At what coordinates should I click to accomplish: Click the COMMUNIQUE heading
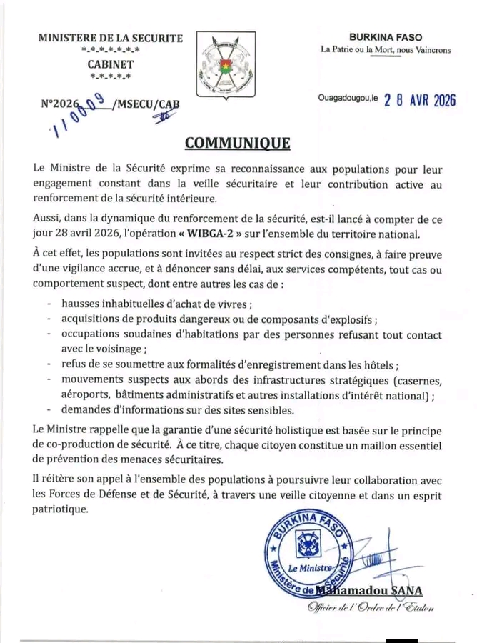[x=238, y=142]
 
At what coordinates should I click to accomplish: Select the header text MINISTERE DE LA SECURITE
[x=111, y=38]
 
